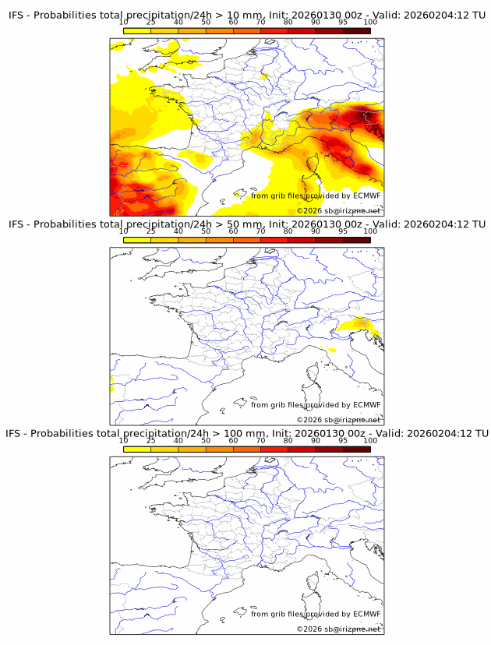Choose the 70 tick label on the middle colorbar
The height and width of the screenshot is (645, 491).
point(260,231)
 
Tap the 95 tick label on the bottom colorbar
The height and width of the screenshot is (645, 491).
point(343,440)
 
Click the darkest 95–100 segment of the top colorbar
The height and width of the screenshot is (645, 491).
point(356,30)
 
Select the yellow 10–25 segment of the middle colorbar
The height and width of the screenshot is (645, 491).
point(137,240)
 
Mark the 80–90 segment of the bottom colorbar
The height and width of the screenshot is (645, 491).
point(301,449)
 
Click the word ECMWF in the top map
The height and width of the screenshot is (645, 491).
point(366,196)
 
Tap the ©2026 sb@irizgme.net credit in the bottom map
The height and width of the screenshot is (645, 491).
point(338,629)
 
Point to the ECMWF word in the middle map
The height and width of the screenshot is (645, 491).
point(366,404)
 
